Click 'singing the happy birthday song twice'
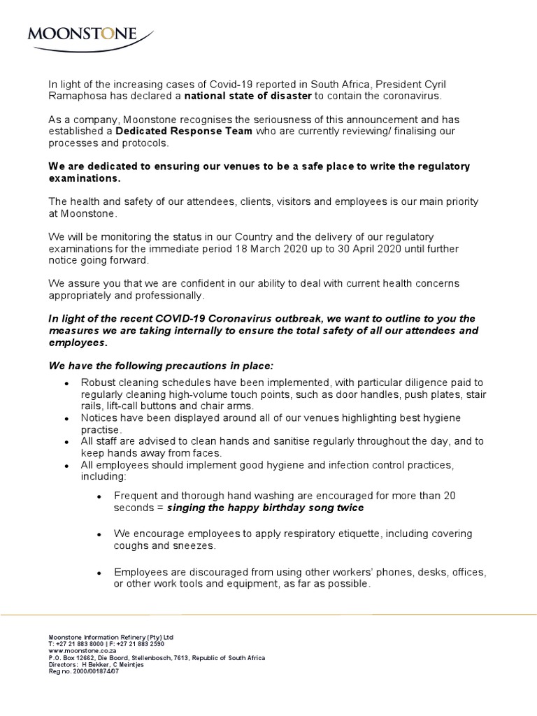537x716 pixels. [266, 508]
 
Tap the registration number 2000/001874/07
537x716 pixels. [90, 671]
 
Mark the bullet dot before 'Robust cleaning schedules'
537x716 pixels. [65, 385]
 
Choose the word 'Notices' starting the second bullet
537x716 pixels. [99, 417]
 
